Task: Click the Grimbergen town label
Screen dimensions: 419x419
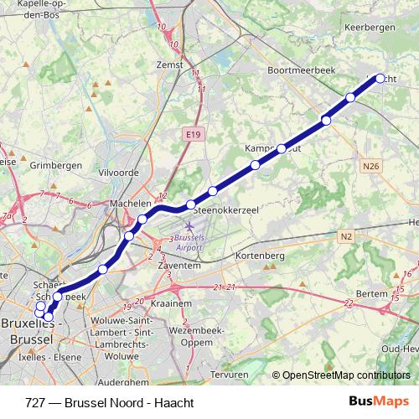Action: pyautogui.click(x=56, y=166)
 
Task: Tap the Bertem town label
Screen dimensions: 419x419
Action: pyautogui.click(x=372, y=294)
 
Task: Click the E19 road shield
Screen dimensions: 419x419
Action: pyautogui.click(x=191, y=132)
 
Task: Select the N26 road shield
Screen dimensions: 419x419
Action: pyautogui.click(x=372, y=166)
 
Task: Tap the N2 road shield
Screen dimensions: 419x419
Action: pyautogui.click(x=346, y=237)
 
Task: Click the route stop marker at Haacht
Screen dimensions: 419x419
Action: pyautogui.click(x=380, y=78)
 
